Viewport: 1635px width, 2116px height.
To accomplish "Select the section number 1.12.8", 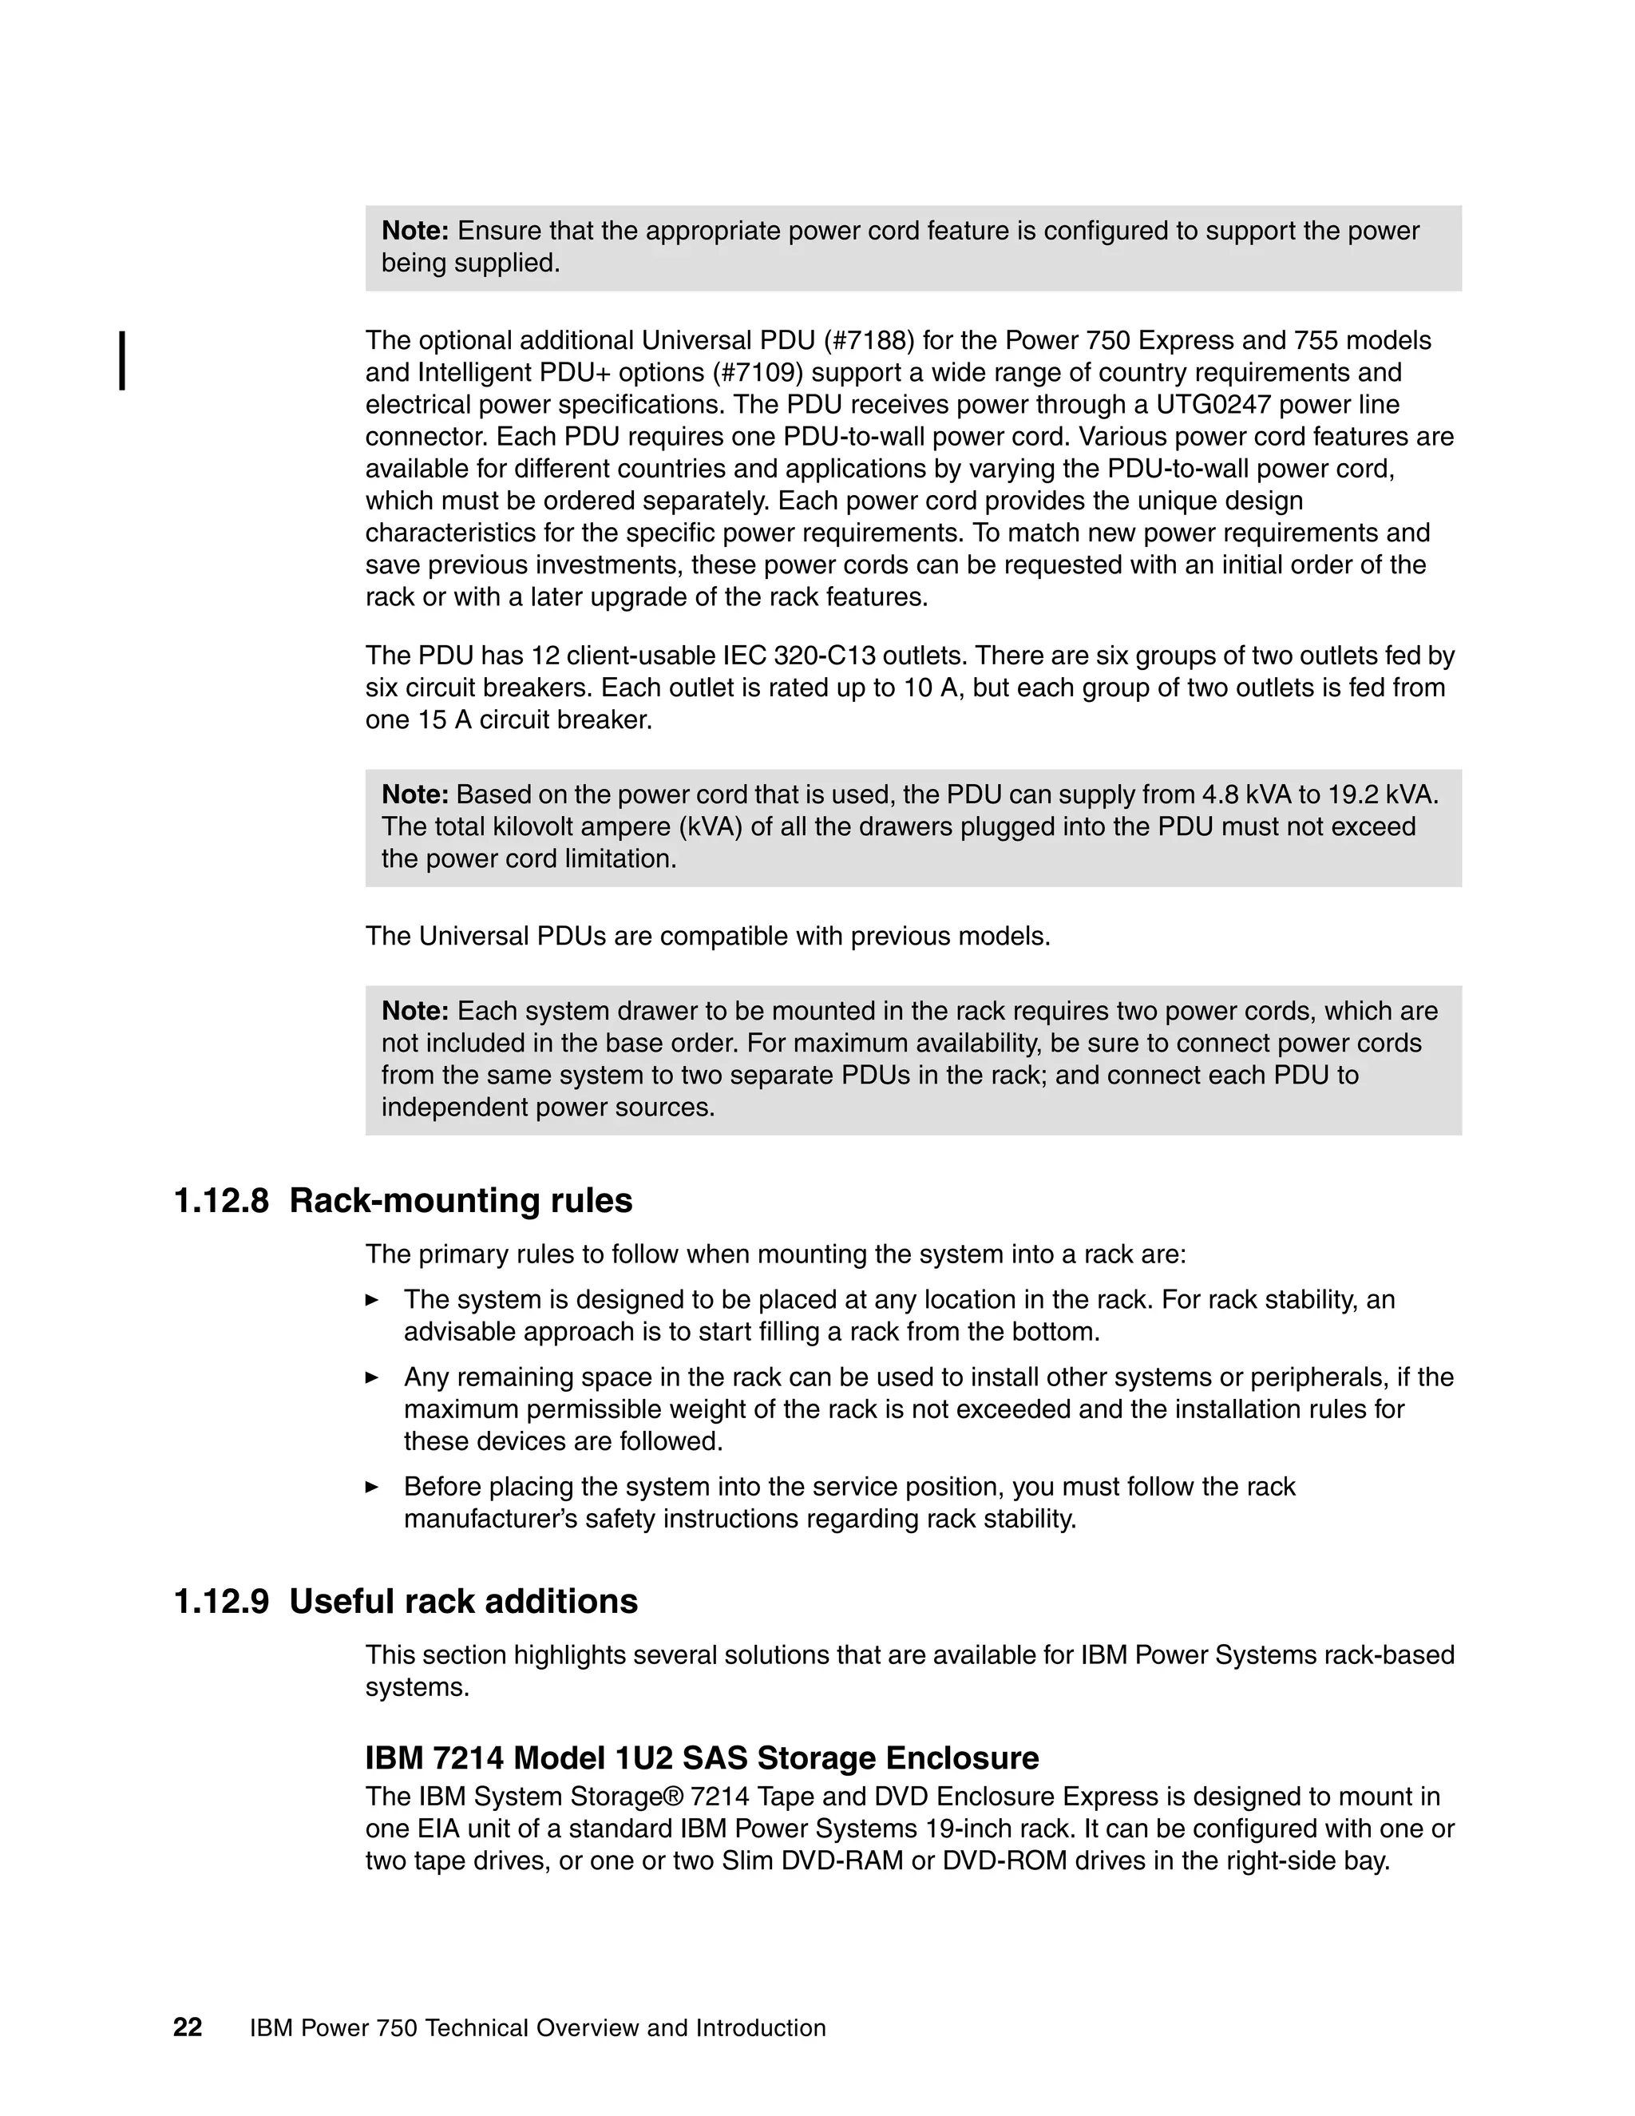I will click(221, 1200).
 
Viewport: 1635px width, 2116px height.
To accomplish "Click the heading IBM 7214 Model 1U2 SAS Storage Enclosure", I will click(701, 1757).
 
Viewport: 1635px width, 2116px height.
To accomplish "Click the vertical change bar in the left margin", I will click(122, 360).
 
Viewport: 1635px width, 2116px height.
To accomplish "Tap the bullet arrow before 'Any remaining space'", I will click(372, 1377).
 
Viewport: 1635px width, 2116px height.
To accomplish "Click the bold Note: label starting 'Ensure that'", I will click(414, 232).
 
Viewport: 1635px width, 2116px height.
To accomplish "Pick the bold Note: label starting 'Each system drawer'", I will click(414, 1012).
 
